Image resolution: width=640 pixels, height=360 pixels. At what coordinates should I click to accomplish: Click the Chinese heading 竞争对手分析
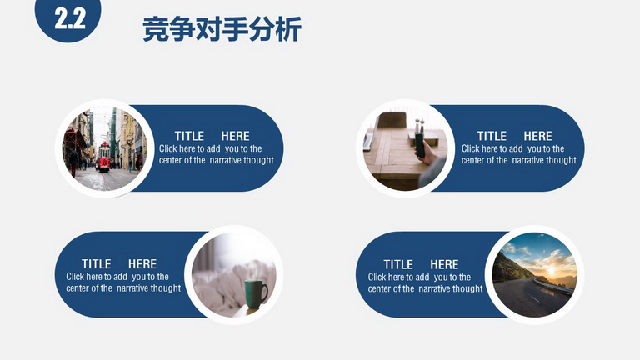click(222, 29)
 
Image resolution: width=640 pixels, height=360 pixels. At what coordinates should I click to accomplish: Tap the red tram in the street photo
click(103, 157)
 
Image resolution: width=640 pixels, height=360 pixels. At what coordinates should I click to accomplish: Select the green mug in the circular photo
click(256, 294)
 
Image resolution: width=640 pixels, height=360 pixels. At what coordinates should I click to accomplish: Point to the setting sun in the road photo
click(551, 270)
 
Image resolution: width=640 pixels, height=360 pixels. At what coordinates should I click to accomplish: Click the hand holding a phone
click(426, 152)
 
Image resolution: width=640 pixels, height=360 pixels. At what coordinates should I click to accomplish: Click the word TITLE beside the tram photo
click(189, 136)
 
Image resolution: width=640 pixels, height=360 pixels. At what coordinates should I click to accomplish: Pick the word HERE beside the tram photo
click(235, 136)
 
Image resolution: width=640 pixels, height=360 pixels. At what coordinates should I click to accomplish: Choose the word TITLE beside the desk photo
click(492, 136)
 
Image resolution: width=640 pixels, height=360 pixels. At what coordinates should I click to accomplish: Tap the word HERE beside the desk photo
click(537, 136)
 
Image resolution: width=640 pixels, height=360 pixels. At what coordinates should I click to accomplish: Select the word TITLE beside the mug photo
click(97, 264)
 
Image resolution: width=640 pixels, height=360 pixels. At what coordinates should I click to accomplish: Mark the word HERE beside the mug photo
click(142, 264)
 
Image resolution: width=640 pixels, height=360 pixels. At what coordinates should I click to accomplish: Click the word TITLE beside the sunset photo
click(398, 264)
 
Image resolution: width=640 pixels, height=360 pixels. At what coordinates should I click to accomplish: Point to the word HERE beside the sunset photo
click(444, 264)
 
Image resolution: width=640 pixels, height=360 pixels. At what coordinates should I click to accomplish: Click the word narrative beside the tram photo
click(224, 160)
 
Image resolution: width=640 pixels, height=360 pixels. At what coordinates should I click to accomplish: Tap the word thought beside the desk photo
click(560, 160)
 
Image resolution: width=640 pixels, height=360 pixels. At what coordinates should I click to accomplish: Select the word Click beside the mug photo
click(75, 277)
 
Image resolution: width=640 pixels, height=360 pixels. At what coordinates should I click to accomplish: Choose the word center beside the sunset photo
click(379, 289)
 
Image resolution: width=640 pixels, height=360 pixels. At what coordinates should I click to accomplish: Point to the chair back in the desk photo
click(392, 120)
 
